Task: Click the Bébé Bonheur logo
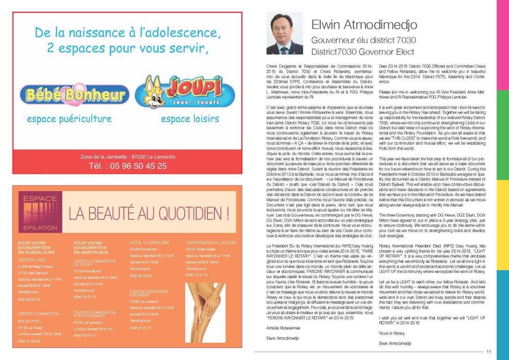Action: (77, 95)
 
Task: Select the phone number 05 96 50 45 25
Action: (127, 166)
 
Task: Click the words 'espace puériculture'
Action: (69, 119)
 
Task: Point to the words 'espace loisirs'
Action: (190, 119)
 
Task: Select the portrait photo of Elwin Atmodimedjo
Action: (285, 33)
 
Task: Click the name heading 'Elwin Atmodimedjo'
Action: (364, 25)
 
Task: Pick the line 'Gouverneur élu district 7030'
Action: (363, 40)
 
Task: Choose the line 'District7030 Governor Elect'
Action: (363, 51)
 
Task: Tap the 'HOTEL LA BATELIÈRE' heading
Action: (149, 242)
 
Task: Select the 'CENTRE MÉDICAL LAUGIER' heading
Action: (211, 242)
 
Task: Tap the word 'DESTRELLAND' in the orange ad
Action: (31, 260)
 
